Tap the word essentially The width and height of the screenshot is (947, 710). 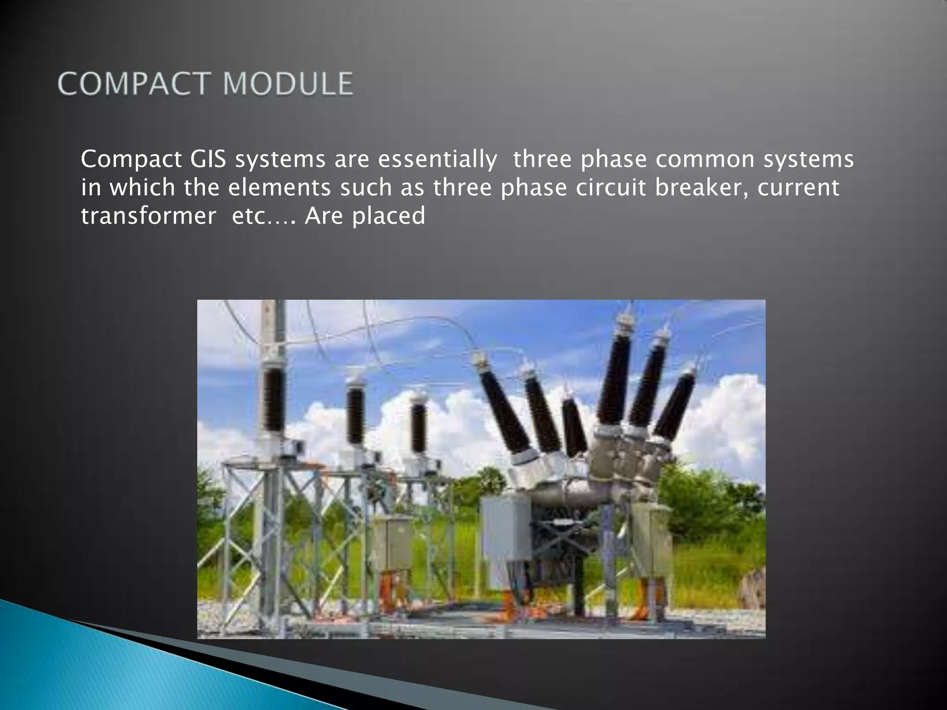point(437,159)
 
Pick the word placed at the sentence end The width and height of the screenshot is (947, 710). point(388,216)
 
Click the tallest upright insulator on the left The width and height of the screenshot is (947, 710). point(274,398)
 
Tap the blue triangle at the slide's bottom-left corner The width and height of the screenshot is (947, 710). point(46,666)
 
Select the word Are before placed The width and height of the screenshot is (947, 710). point(322,216)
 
